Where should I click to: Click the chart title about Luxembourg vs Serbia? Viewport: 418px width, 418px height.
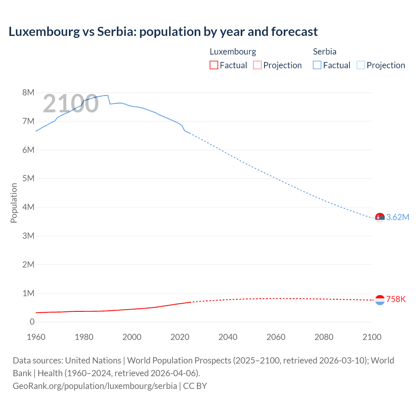(x=163, y=32)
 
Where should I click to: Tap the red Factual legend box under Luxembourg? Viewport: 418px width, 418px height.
(x=214, y=65)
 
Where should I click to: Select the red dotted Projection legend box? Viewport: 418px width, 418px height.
(x=257, y=65)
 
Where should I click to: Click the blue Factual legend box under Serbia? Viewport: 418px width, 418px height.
(x=317, y=65)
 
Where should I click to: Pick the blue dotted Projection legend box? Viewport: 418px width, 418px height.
(x=361, y=65)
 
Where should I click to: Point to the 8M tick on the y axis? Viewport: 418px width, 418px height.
(x=28, y=92)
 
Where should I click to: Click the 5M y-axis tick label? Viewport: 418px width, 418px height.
(x=28, y=178)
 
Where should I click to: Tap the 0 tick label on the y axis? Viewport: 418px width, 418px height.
(x=32, y=322)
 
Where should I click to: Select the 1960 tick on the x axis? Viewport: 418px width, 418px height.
(x=36, y=337)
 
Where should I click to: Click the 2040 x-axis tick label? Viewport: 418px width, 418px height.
(x=228, y=337)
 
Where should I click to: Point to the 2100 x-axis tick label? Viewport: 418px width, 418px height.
(x=372, y=337)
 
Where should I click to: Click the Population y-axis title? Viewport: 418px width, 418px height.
(x=14, y=203)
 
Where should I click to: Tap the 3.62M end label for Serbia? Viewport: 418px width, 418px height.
(x=397, y=217)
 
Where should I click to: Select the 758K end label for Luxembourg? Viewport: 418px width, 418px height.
(x=396, y=299)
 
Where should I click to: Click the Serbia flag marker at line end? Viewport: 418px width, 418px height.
(x=380, y=217)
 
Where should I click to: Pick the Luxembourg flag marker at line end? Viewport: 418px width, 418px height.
(x=380, y=300)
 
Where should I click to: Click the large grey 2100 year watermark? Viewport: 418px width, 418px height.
(x=71, y=103)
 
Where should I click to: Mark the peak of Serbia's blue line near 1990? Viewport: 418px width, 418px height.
(x=107, y=95)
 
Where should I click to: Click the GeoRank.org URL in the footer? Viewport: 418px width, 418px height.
(x=95, y=386)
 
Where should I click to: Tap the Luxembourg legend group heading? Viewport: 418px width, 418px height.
(x=233, y=52)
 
